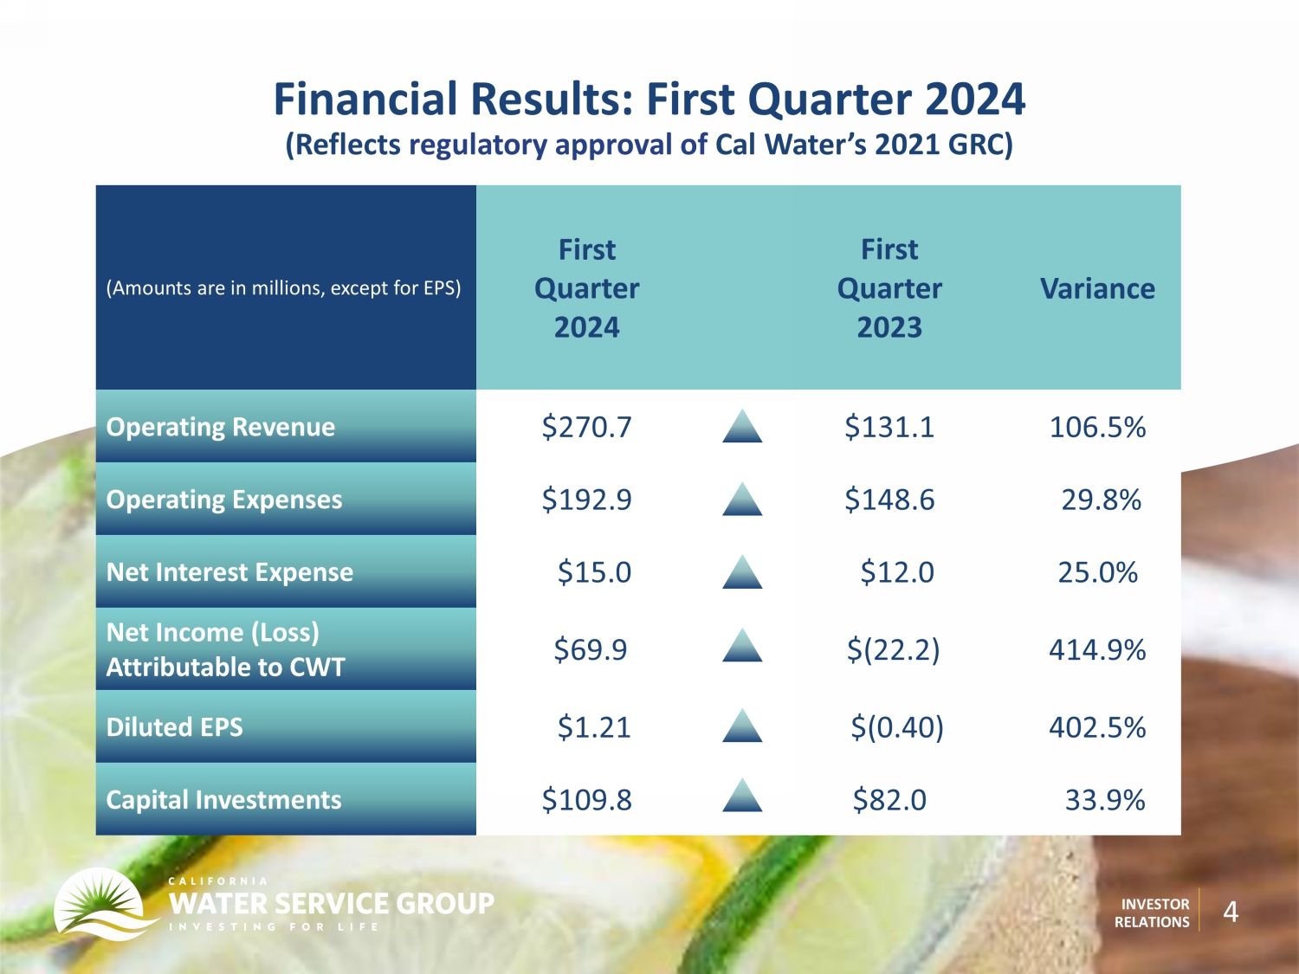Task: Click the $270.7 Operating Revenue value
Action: tap(586, 427)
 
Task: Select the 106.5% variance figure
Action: tap(1097, 427)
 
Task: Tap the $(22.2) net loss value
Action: tap(893, 649)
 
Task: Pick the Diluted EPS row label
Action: tap(175, 726)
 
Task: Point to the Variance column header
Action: tap(1097, 288)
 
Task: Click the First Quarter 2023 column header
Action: tap(889, 288)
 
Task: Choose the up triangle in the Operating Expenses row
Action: tap(742, 499)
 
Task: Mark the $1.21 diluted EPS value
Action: tap(594, 726)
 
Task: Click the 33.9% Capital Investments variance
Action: tap(1105, 799)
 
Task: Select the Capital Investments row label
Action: tap(223, 799)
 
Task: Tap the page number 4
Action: tap(1231, 912)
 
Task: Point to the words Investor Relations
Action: tap(1152, 913)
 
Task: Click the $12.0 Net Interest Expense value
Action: tap(897, 572)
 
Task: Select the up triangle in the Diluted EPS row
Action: tap(742, 726)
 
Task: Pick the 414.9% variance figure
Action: tap(1097, 649)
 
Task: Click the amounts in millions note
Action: tap(283, 288)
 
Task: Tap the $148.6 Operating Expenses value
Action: tap(889, 500)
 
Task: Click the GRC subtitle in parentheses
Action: tap(649, 145)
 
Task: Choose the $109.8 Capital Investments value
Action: tap(586, 799)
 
